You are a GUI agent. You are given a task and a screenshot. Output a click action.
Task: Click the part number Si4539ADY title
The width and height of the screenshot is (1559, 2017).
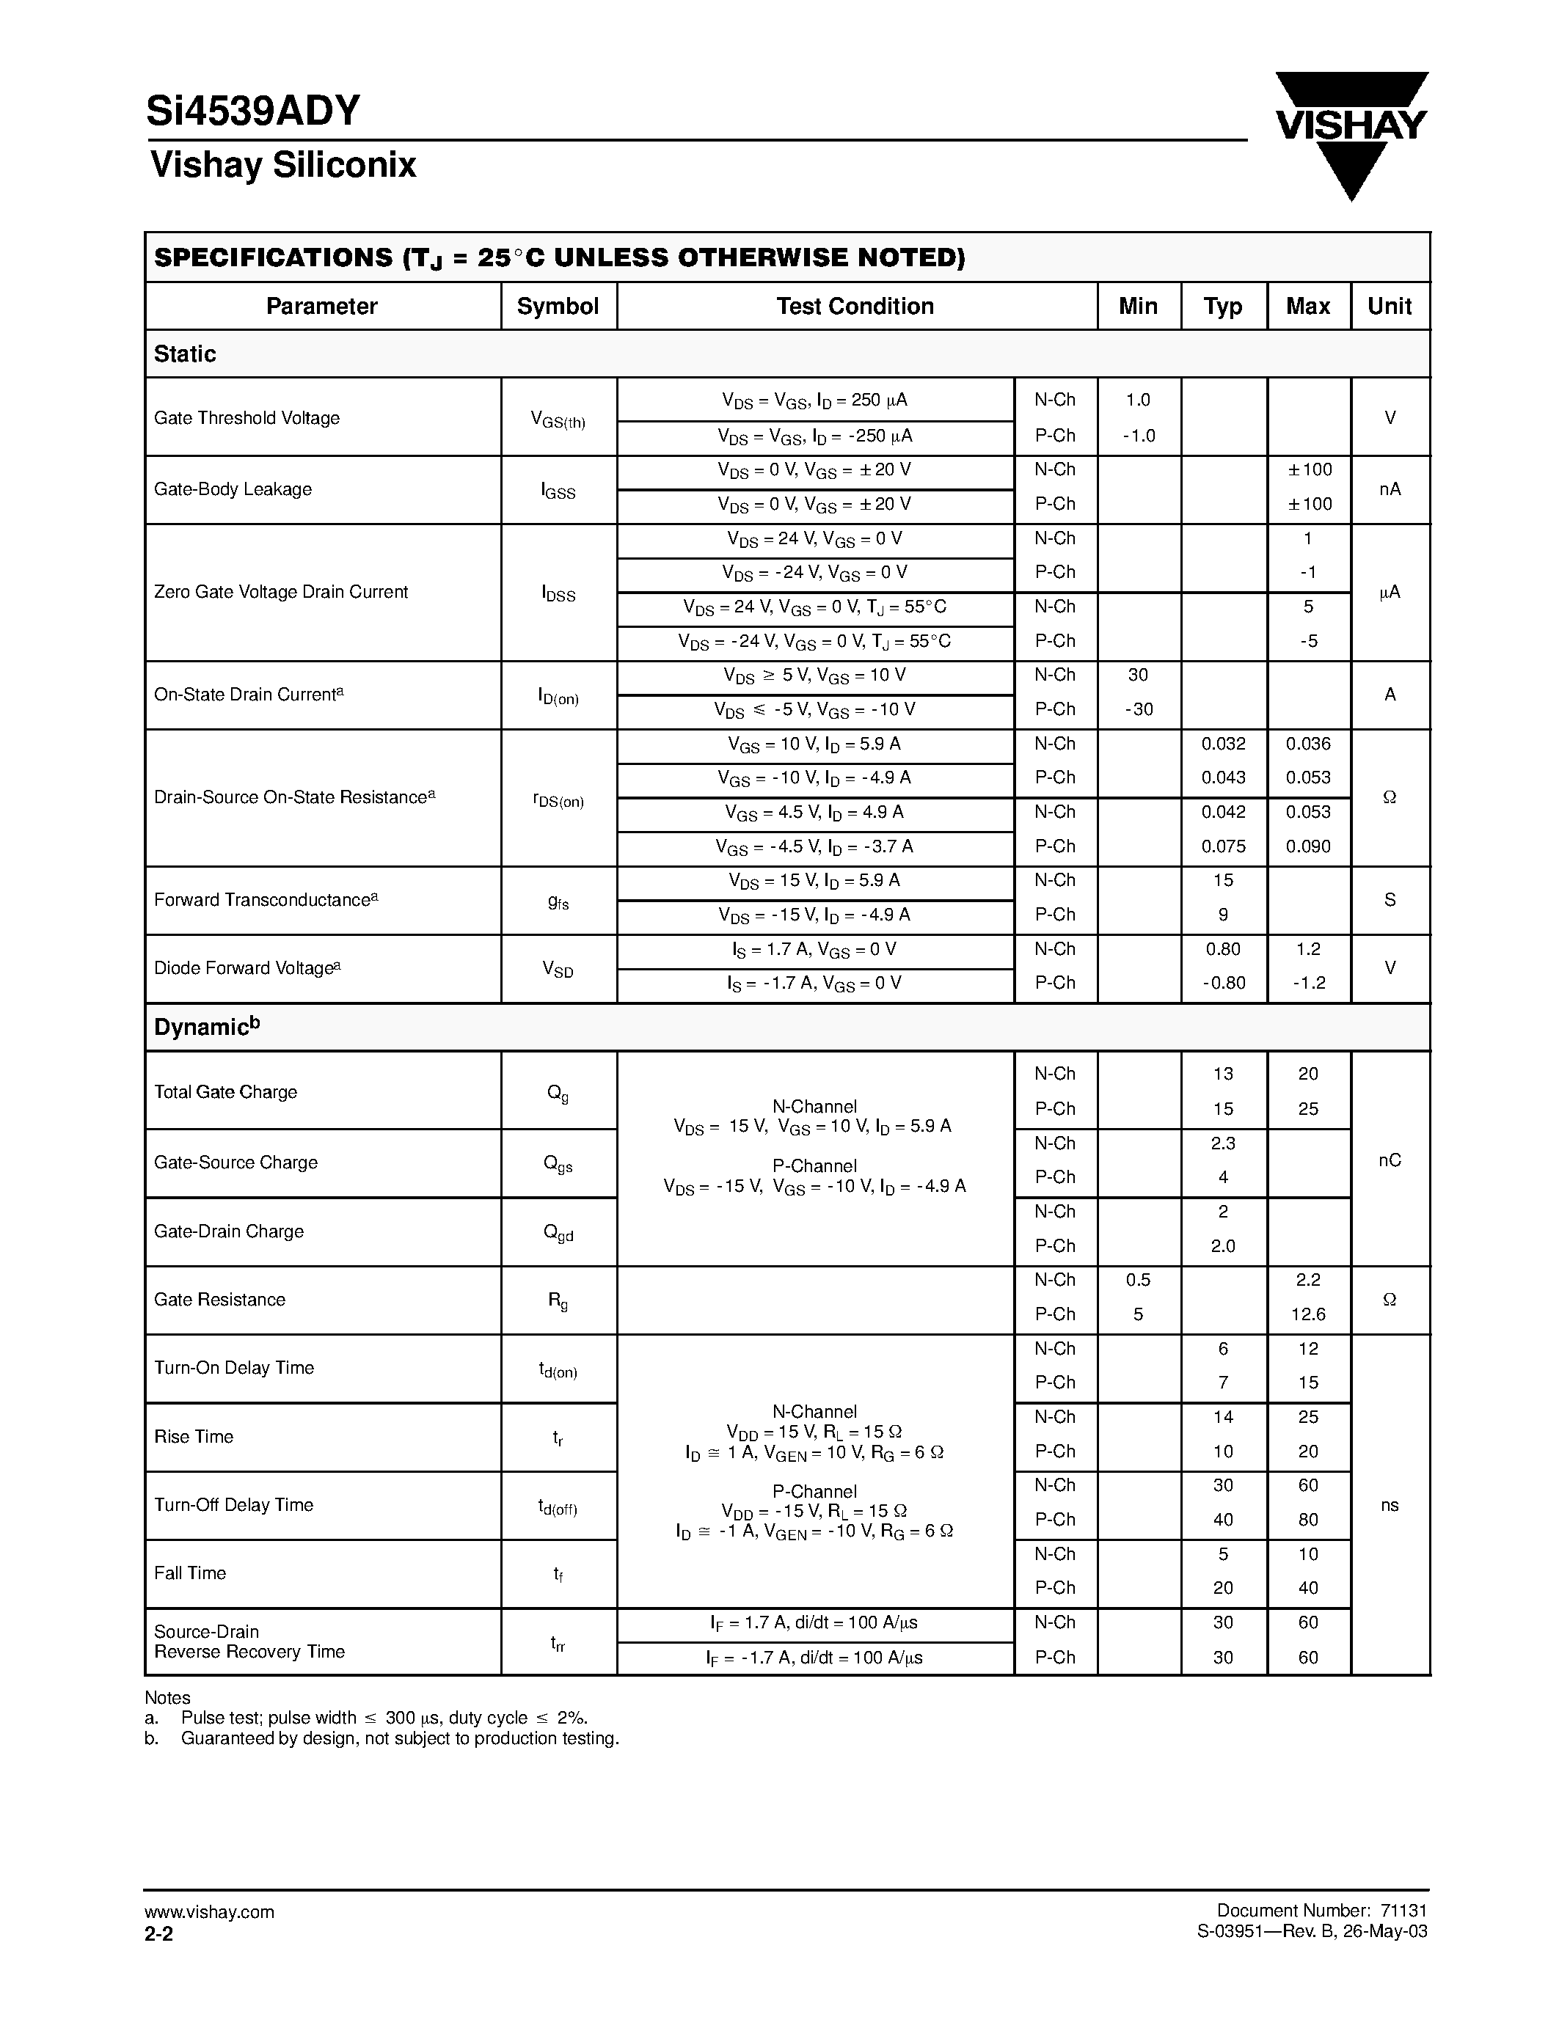253,111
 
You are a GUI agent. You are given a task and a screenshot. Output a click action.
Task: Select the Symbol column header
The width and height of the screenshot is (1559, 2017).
558,307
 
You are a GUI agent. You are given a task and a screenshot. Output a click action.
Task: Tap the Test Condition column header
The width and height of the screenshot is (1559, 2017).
855,307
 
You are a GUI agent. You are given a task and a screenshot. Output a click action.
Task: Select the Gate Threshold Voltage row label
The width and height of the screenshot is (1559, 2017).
247,418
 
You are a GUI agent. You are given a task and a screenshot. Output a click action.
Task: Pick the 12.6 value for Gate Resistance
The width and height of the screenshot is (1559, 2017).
1308,1314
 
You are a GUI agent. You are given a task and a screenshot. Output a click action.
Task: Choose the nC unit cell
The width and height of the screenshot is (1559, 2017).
1389,1160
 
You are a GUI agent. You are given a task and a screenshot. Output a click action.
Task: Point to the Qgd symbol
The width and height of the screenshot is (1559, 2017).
558,1233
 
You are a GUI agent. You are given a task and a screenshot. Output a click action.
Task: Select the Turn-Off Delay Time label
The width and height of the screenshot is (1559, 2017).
233,1505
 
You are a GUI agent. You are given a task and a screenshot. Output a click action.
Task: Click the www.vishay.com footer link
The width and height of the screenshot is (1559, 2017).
210,1911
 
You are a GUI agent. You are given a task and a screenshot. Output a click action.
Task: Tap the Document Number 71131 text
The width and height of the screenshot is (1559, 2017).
1321,1911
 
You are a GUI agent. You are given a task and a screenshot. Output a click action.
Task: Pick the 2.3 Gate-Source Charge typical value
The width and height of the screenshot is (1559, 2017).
1223,1143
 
